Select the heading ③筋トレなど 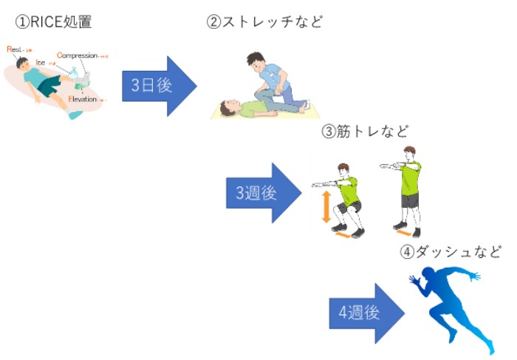(x=365, y=132)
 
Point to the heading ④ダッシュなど (x=451, y=252)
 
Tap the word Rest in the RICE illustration (x=15, y=50)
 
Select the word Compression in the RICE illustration (x=77, y=55)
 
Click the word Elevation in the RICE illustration (x=82, y=99)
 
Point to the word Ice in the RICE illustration (x=41, y=63)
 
